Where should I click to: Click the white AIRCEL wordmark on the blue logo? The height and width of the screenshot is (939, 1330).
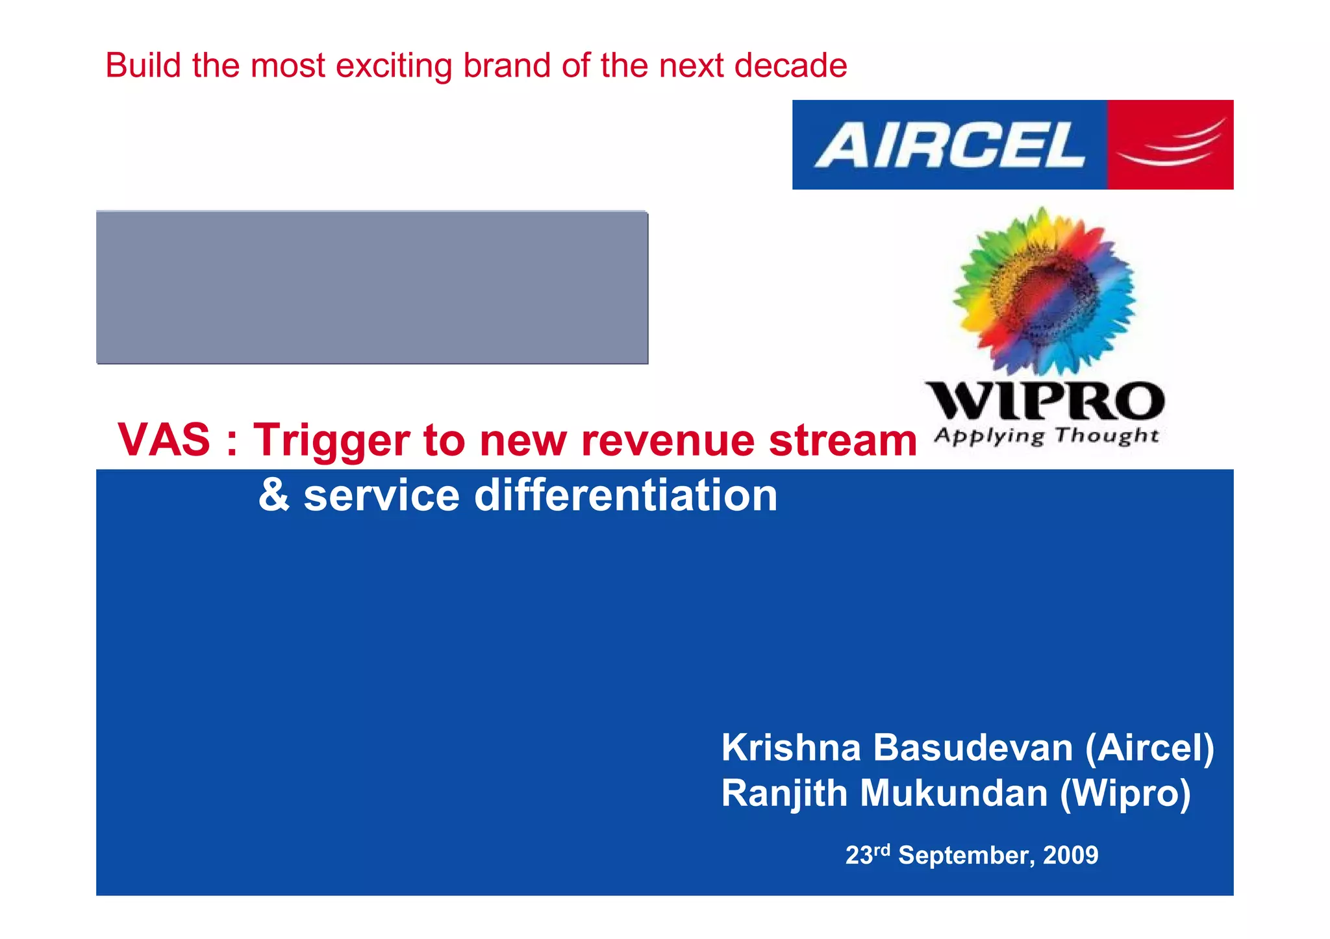click(x=949, y=145)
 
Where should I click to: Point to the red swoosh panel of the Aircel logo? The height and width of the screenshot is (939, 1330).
click(x=1170, y=145)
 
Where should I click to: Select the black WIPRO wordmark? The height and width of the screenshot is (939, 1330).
click(x=1044, y=401)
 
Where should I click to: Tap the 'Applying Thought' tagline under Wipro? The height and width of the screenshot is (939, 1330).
click(x=1046, y=436)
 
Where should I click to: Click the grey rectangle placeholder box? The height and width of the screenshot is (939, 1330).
click(x=371, y=287)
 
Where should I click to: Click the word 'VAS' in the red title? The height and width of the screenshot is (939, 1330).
click(x=164, y=440)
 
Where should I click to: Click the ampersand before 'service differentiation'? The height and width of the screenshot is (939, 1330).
click(x=273, y=495)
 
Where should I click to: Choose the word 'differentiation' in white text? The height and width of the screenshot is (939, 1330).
click(x=626, y=495)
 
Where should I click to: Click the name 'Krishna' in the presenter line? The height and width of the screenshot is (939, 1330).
click(x=791, y=748)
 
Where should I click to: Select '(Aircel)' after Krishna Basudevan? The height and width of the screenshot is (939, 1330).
click(x=1149, y=748)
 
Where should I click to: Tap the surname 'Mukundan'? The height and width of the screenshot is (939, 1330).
click(x=954, y=793)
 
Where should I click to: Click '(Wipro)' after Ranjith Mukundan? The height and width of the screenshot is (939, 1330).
click(x=1125, y=793)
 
